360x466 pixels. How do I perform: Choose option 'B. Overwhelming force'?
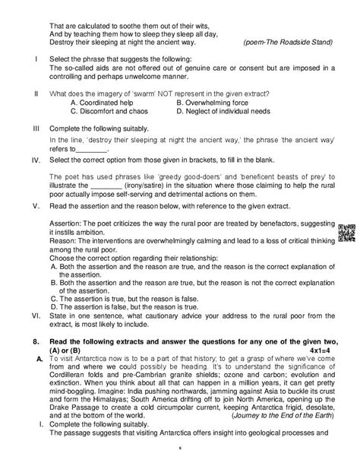(x=210, y=101)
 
